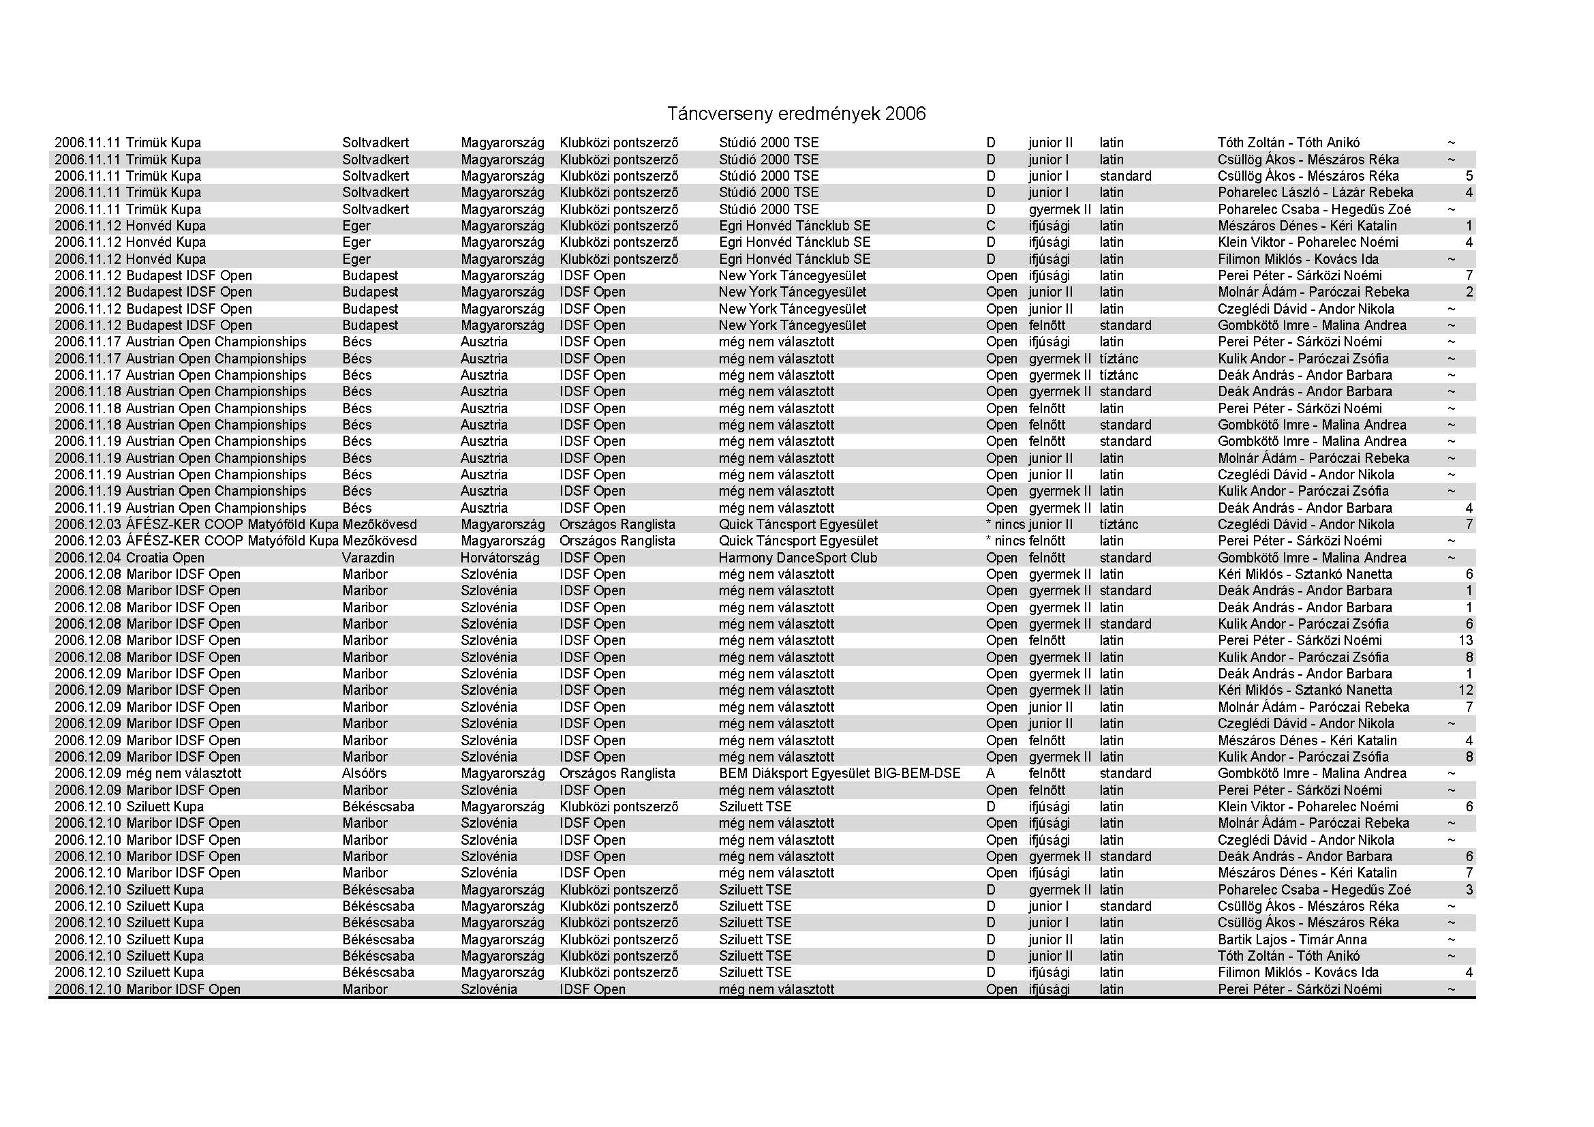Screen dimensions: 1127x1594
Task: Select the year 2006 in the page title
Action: click(904, 114)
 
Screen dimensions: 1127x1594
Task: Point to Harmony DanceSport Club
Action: click(798, 558)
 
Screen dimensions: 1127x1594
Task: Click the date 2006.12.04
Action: click(87, 558)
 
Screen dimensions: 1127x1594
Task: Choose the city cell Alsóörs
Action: click(365, 774)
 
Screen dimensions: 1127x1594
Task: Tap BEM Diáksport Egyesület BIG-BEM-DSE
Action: click(840, 774)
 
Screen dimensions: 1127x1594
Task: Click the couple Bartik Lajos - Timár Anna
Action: click(1292, 940)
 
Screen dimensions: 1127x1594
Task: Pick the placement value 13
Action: click(1466, 640)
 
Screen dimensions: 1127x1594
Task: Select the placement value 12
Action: click(1466, 690)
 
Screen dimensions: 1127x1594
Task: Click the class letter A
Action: click(991, 774)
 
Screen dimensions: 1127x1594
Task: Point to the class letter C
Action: click(991, 226)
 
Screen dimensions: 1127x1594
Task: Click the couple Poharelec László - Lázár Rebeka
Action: click(1315, 192)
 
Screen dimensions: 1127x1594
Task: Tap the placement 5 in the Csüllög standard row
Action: click(1469, 176)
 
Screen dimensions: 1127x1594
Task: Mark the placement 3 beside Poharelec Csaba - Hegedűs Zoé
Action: click(1469, 890)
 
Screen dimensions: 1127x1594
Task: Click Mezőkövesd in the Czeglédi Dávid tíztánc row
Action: click(380, 524)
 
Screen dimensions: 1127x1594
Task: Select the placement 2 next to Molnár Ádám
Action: click(1469, 292)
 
